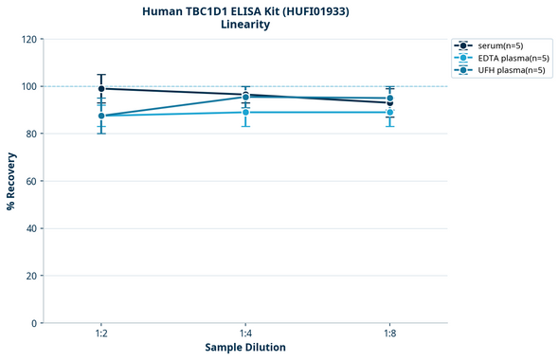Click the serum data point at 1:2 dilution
pos(101,88)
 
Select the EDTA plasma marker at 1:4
pos(245,112)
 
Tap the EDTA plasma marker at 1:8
pos(389,113)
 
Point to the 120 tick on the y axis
pos(30,39)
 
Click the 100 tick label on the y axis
pos(30,86)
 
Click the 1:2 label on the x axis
pos(101,333)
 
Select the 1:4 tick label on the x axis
pos(245,333)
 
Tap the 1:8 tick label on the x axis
pos(389,333)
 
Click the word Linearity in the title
pos(244,25)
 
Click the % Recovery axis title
pos(11,180)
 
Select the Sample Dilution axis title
pos(245,348)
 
